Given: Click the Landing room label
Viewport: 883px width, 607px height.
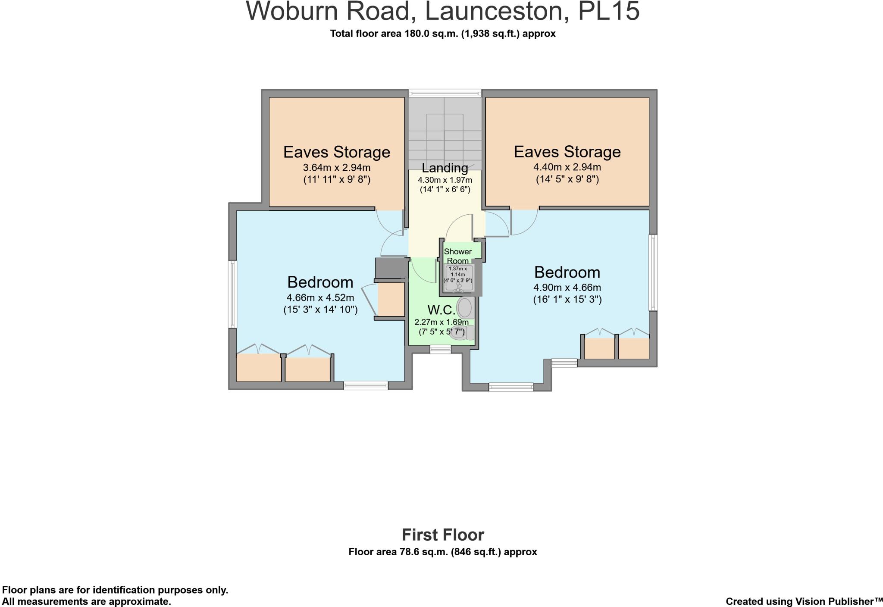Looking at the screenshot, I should (x=445, y=168).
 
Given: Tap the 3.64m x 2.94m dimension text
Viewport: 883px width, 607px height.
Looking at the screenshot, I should (x=337, y=168).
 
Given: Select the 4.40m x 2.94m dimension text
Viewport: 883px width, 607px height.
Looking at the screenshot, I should (x=567, y=167).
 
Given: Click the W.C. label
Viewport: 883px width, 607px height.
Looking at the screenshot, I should (x=441, y=310).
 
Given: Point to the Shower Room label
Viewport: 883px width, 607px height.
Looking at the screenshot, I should (x=457, y=256).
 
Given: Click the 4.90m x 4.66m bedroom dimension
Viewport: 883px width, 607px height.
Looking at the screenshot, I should (x=567, y=288).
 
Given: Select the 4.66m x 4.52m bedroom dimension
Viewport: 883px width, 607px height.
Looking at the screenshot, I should (x=320, y=297).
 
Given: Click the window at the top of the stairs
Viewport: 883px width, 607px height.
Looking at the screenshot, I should (x=445, y=92).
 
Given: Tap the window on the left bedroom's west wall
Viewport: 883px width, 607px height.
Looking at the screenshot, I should (x=233, y=294).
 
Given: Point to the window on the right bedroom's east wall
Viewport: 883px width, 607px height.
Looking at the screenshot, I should (x=653, y=272).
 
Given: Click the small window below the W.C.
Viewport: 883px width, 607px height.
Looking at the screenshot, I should (x=440, y=350).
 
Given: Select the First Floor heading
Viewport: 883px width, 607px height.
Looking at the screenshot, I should (x=443, y=535).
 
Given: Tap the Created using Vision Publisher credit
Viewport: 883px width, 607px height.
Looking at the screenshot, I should (x=804, y=601).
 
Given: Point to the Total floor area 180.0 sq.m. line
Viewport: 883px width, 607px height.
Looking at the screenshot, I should (x=443, y=34).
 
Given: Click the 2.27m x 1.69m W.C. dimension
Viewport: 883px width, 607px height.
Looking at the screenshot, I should (x=441, y=322).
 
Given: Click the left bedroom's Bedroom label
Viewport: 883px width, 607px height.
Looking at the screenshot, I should (x=320, y=282).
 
